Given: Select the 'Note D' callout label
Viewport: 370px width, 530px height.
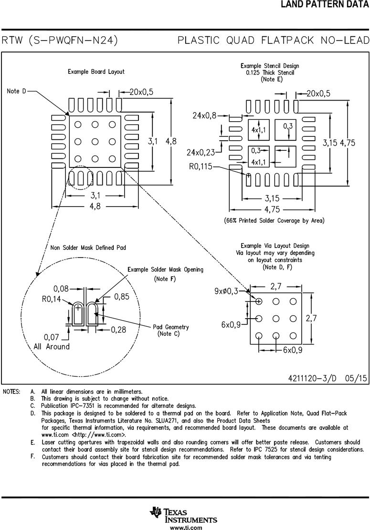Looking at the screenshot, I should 17,91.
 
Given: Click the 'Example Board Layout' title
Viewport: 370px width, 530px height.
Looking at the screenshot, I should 96,72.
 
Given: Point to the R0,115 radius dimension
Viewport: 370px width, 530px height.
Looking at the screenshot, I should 201,166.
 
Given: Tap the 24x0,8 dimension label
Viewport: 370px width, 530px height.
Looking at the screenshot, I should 204,115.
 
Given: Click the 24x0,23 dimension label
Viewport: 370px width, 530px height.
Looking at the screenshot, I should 201,152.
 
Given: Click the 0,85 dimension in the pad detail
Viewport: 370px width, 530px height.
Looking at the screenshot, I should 122,296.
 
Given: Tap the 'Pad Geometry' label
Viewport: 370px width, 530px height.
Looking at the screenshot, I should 171,327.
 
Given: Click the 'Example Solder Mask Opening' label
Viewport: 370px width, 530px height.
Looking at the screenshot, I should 165,270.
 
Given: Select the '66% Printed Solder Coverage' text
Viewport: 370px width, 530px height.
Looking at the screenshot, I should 274,220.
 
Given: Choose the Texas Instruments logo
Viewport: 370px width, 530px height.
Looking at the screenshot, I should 184,515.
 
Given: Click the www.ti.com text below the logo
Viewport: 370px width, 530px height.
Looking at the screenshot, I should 184,527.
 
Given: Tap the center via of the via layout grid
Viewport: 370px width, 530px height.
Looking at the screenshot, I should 276,318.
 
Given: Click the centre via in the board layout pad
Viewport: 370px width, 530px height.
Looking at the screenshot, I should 95,142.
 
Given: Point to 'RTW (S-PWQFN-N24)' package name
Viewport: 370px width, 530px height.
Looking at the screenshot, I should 60,41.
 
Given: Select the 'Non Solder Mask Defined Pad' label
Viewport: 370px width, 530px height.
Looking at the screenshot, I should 88,248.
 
